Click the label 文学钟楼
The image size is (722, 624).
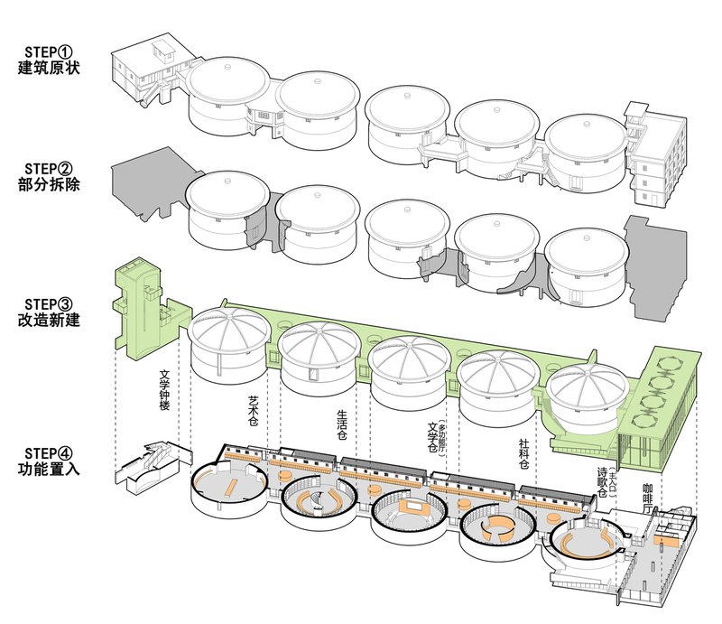click(164, 390)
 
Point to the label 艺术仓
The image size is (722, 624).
click(254, 411)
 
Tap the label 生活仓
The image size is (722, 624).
click(341, 422)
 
